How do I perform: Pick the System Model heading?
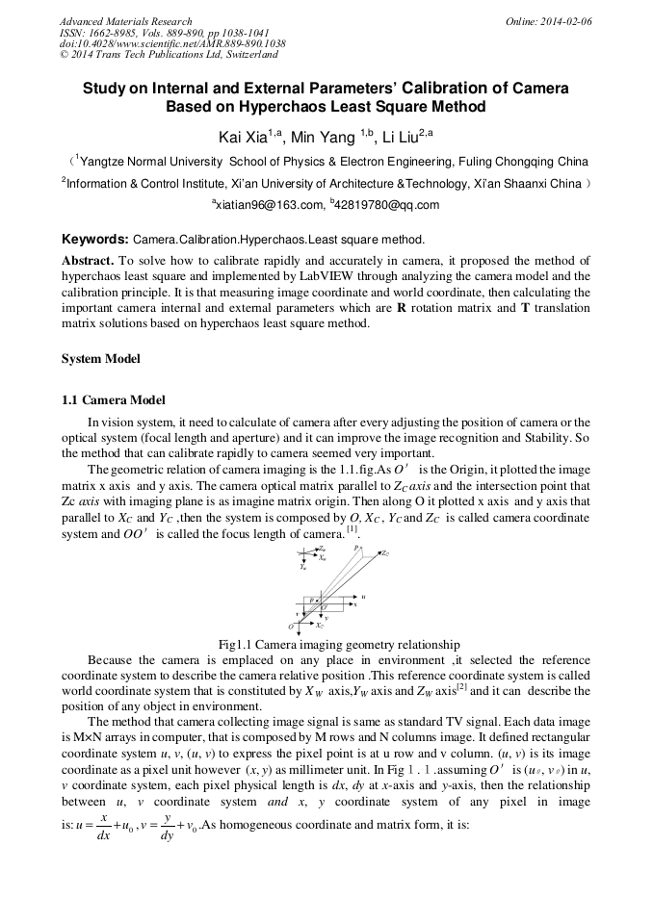pos(101,359)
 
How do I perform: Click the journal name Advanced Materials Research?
pos(125,21)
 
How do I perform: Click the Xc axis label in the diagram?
pos(319,626)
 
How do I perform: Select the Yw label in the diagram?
pos(302,567)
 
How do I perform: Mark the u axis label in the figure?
pos(362,597)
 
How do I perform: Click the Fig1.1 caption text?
pos(326,644)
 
